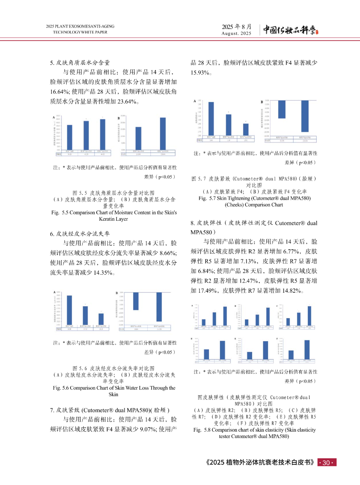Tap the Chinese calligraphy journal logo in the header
(290, 30)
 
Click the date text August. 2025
(236, 33)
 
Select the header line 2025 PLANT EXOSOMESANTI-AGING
(80, 26)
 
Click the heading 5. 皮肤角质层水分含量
(80, 63)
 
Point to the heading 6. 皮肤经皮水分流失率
(80, 234)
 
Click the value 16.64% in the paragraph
(60, 92)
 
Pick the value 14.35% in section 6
(103, 273)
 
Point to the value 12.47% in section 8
(247, 281)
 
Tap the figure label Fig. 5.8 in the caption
(202, 430)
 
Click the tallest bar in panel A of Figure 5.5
(103, 134)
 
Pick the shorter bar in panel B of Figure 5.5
(138, 138)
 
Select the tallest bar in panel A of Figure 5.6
(69, 310)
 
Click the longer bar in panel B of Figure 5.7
(305, 116)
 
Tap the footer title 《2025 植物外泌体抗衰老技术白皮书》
(260, 463)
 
